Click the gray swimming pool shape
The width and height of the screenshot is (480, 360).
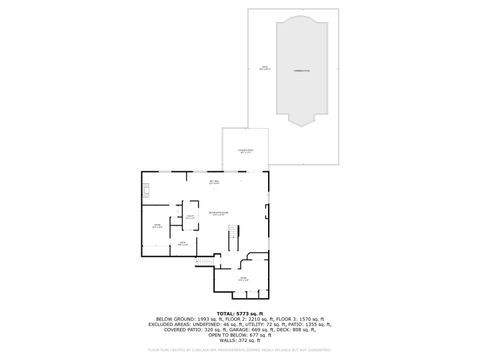pyautogui.click(x=299, y=85)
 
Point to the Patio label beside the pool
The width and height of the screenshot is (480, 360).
pyautogui.click(x=264, y=68)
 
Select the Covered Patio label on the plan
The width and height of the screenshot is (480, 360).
pyautogui.click(x=245, y=151)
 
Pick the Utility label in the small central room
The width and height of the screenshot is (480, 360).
pyautogui.click(x=189, y=216)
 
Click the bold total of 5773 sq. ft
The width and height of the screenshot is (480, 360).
pyautogui.click(x=240, y=314)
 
